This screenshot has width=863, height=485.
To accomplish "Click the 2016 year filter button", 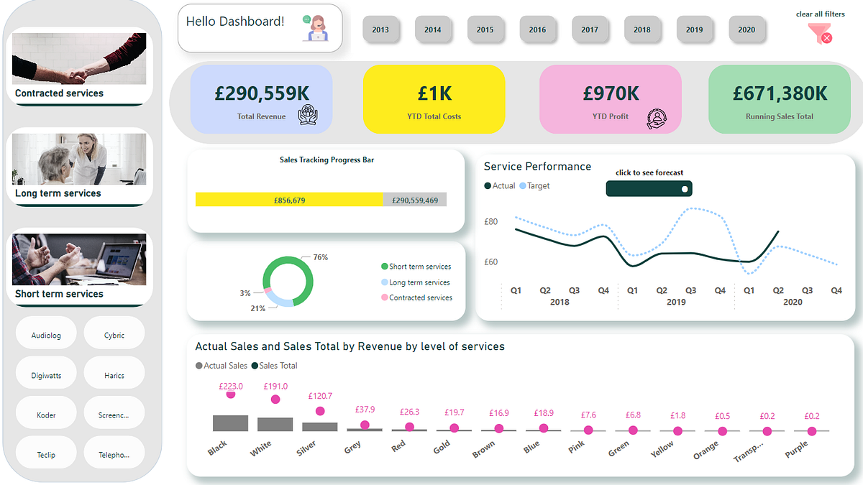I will [x=537, y=29].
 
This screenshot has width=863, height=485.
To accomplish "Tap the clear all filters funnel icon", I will [x=819, y=33].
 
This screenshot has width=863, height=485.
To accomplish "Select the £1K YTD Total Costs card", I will [x=434, y=99].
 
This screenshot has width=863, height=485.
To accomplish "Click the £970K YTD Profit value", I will [x=611, y=93].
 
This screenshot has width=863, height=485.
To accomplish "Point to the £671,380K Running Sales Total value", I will [x=780, y=93].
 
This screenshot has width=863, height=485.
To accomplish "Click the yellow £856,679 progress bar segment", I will [x=289, y=200].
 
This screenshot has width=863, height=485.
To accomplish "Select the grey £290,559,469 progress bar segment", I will [x=415, y=200].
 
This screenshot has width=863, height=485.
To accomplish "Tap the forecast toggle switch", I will [x=649, y=188].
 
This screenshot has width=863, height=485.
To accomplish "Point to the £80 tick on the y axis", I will [x=490, y=222].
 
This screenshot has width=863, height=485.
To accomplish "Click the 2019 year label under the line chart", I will [x=676, y=302].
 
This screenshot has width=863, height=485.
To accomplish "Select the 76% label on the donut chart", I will [x=320, y=257].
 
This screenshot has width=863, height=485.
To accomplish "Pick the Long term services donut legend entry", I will [x=419, y=282].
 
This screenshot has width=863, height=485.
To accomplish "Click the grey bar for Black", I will [x=230, y=422].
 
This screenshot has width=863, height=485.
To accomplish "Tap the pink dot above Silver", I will [x=320, y=411].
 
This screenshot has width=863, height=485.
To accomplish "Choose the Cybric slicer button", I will [x=114, y=335].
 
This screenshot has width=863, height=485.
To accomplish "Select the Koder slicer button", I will [x=46, y=415].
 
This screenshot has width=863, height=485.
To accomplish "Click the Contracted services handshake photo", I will [x=79, y=59].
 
